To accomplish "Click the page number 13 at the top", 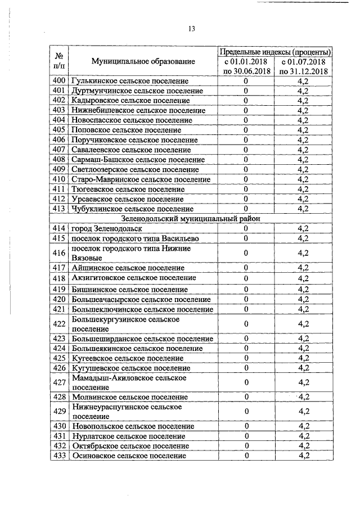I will point(191,29).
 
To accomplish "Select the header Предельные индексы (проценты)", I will point(274,51).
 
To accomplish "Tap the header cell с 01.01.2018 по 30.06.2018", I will point(246,66).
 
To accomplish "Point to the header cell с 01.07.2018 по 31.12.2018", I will point(303,66).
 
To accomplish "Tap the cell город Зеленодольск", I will point(107,229).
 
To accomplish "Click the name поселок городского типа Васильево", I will point(135,238).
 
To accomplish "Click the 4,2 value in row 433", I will point(303,456).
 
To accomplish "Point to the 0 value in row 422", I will point(246,323).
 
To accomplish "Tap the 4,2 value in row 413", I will point(303,209).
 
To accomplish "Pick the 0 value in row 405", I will point(246,130).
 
